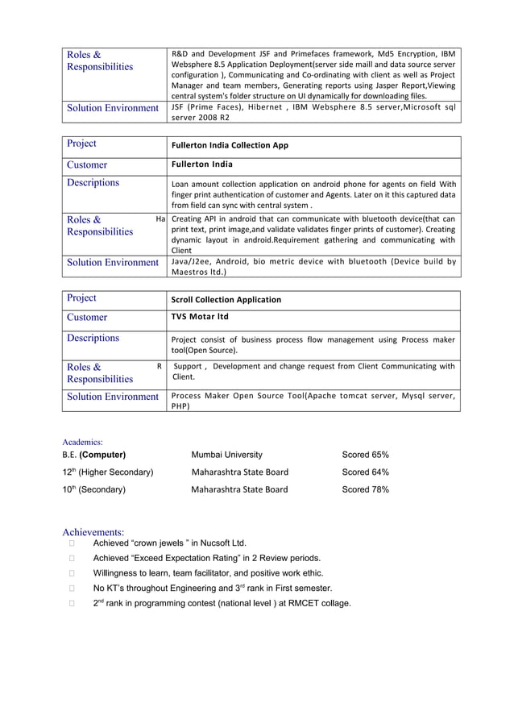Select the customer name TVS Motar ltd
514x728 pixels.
pyautogui.click(x=200, y=317)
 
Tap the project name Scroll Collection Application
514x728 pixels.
pyautogui.click(x=226, y=300)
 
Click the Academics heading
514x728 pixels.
pyautogui.click(x=83, y=442)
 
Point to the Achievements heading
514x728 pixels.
pyautogui.click(x=93, y=532)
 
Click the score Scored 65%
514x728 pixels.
pyautogui.click(x=365, y=455)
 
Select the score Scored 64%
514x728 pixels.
pyautogui.click(x=365, y=472)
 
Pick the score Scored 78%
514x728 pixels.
pyautogui.click(x=365, y=489)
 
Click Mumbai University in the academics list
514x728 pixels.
pyautogui.click(x=226, y=455)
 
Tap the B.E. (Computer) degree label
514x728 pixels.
pyautogui.click(x=93, y=455)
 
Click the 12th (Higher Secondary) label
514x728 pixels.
pyautogui.click(x=108, y=472)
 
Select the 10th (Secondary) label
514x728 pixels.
pyautogui.click(x=93, y=489)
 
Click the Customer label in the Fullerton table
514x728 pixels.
pyautogui.click(x=87, y=164)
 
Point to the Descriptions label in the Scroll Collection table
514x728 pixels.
pyautogui.click(x=93, y=338)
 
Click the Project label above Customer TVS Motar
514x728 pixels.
pyautogui.click(x=81, y=298)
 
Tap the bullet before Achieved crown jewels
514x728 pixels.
pyautogui.click(x=72, y=543)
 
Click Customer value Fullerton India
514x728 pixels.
pyautogui.click(x=202, y=164)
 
